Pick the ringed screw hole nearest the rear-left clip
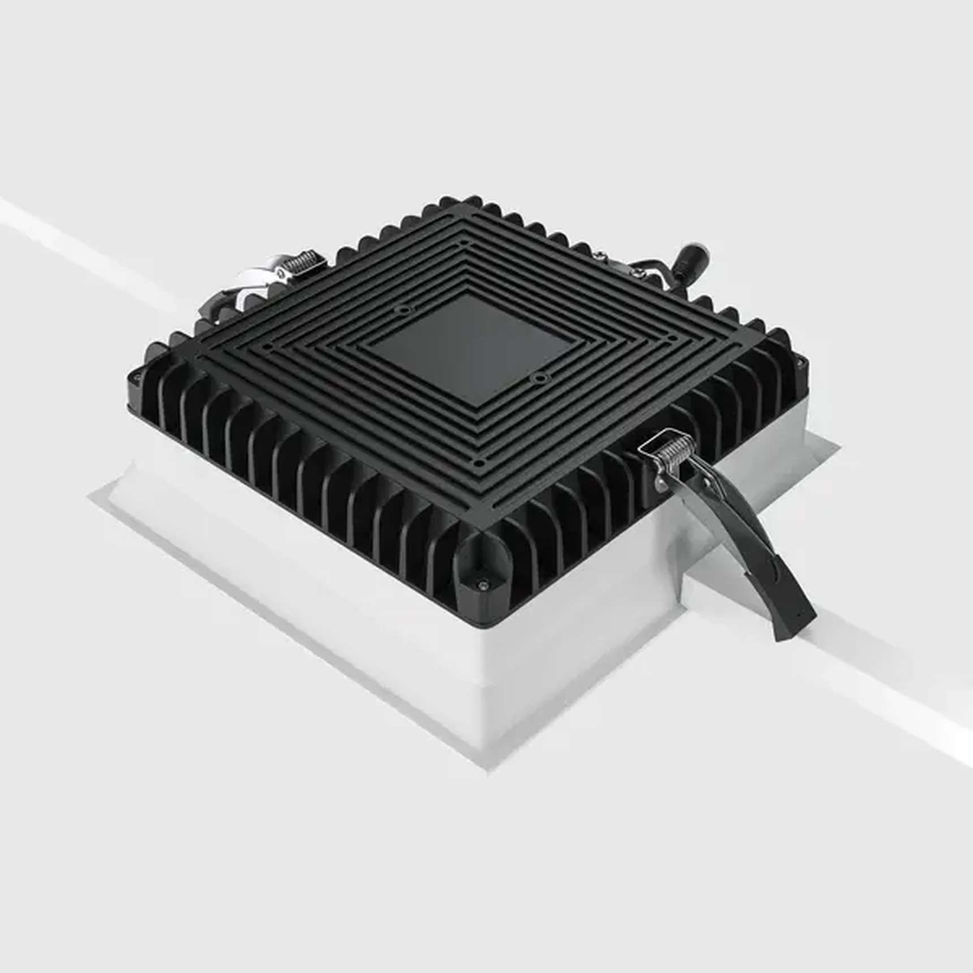click(402, 309)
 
